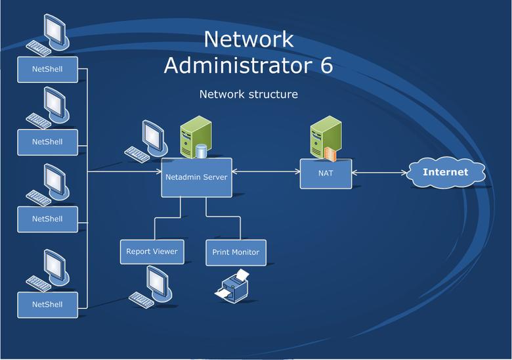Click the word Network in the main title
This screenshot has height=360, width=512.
(x=248, y=39)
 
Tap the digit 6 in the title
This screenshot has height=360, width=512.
(x=326, y=66)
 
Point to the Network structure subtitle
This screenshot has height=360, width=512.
(x=248, y=95)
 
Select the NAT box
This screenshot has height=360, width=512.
(x=326, y=173)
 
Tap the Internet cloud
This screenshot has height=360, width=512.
(x=445, y=173)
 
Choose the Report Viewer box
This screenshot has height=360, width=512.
(x=152, y=252)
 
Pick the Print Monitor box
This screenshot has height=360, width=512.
(x=236, y=252)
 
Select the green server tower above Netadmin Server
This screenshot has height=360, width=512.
(x=192, y=135)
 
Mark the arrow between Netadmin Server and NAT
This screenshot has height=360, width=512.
(x=265, y=173)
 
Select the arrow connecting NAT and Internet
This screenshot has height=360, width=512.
(x=379, y=173)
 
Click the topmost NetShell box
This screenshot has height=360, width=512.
(x=47, y=69)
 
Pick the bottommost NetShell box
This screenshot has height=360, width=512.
(x=47, y=305)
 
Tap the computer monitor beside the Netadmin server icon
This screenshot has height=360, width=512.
(x=152, y=136)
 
